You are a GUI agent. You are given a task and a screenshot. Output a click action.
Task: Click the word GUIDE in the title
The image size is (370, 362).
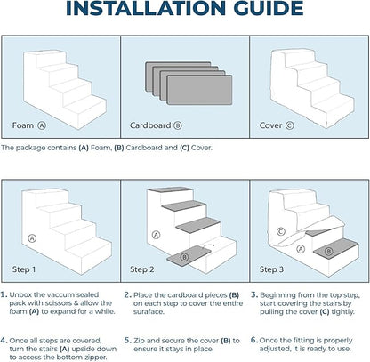[269, 8]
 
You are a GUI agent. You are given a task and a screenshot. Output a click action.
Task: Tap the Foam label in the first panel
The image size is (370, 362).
[23, 125]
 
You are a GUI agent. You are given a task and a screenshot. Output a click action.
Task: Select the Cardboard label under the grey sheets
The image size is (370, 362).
[150, 125]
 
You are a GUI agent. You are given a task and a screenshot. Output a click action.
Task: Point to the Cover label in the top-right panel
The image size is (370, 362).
[270, 125]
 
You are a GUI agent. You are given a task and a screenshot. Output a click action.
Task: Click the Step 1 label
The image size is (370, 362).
[24, 269]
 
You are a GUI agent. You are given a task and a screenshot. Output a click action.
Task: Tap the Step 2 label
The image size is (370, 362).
[142, 269]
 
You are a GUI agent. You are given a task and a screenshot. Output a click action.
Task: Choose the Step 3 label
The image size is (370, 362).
[271, 269]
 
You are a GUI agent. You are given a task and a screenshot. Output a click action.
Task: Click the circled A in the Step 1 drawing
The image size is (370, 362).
[32, 238]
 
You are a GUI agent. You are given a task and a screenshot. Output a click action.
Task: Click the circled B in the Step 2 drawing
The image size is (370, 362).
[184, 257]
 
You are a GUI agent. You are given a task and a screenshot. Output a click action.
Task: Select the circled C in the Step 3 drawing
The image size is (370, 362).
[281, 231]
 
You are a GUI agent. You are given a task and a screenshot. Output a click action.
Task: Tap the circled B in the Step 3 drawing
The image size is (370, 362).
[328, 252]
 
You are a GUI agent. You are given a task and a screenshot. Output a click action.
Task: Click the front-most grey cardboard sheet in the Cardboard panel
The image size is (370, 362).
[199, 90]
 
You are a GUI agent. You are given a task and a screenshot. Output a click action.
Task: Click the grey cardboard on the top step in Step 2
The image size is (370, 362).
[170, 189]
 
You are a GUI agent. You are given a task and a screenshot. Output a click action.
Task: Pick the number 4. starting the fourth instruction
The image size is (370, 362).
[4, 341]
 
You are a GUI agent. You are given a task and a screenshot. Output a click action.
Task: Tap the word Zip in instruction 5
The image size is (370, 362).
[139, 341]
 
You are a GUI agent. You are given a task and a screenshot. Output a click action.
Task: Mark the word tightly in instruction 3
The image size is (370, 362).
[343, 312]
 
